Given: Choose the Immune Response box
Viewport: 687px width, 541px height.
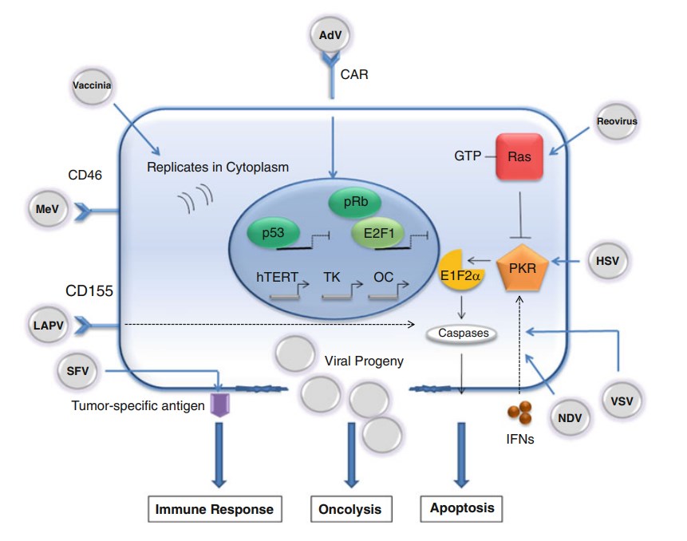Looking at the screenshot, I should coord(214,508).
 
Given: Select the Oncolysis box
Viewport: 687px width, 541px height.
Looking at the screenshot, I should coord(350,508).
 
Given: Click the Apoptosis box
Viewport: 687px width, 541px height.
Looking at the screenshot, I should coord(462,507).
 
